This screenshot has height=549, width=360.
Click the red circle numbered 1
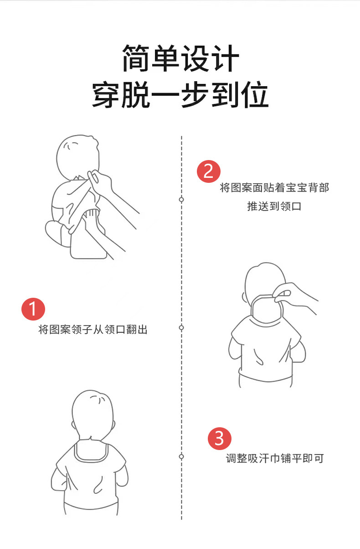tap(33, 309)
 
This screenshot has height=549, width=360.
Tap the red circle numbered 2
tap(208, 171)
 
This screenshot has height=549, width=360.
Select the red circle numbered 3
tap(220, 438)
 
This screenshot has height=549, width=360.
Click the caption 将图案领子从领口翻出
tap(93, 330)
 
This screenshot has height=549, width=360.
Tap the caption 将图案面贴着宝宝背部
tap(274, 187)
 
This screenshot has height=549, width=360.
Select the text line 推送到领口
tap(274, 207)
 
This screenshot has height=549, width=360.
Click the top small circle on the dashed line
tap(181, 200)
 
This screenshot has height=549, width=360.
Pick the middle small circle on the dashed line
tap(181, 328)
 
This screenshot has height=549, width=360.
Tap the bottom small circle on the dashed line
tap(181, 456)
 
